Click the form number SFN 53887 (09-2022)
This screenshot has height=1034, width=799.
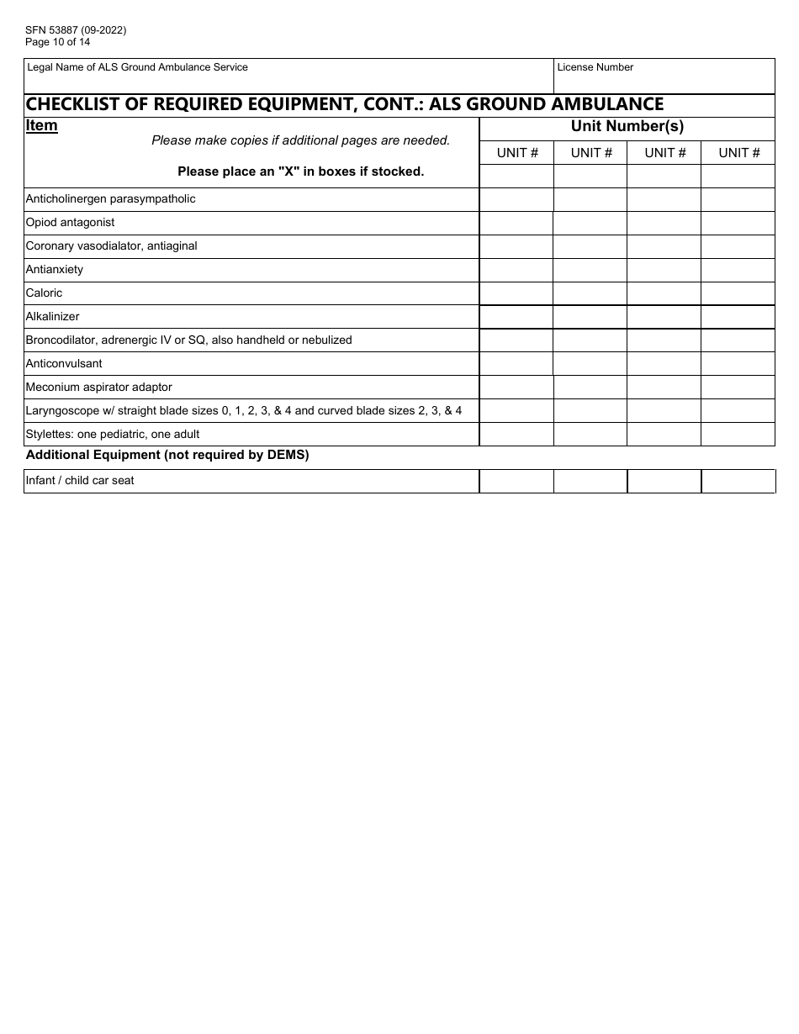(76, 30)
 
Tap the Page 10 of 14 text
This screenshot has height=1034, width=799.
(58, 42)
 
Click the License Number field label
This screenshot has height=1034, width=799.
(595, 67)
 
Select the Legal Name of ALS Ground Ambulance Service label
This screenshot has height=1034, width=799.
(138, 67)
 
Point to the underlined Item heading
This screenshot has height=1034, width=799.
(42, 126)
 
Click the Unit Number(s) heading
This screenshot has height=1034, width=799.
(627, 127)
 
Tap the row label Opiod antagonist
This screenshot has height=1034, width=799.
(71, 223)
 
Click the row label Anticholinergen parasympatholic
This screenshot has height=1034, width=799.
(111, 199)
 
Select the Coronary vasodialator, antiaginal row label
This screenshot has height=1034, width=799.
(112, 246)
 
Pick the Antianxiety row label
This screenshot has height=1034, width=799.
(55, 270)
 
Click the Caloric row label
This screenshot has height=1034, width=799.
(45, 293)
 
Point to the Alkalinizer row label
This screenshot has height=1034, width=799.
(53, 317)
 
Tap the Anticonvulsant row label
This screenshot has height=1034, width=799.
(64, 364)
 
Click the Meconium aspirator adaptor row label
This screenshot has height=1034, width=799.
(99, 388)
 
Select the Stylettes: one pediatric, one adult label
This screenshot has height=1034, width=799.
(113, 435)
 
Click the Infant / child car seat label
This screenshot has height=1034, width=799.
(80, 481)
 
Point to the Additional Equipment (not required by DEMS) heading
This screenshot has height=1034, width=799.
(167, 455)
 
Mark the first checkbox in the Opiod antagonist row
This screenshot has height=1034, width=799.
(516, 223)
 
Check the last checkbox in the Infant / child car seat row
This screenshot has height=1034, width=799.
(738, 481)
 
